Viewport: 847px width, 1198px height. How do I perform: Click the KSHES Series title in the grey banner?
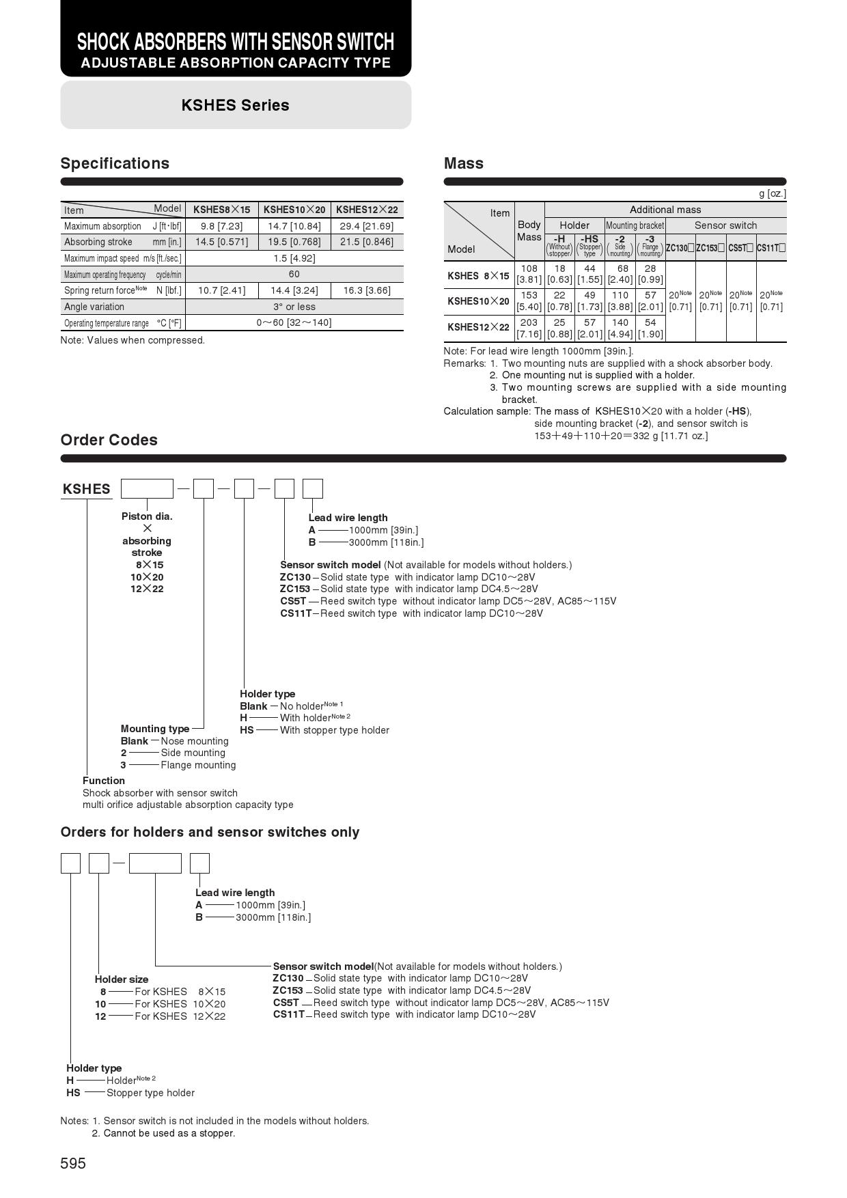click(x=235, y=105)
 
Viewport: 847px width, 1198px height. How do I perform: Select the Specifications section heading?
click(x=115, y=163)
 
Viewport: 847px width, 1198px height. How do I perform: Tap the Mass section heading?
click(x=463, y=163)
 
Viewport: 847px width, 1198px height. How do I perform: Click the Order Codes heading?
click(x=109, y=440)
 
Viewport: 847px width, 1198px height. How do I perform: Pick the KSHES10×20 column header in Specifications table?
click(x=294, y=210)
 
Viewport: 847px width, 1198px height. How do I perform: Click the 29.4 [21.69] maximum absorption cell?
click(x=367, y=226)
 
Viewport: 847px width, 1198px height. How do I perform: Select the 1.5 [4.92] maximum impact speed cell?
click(x=294, y=258)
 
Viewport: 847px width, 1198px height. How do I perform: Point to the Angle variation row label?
click(x=94, y=307)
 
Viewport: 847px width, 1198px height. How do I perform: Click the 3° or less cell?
click(x=294, y=307)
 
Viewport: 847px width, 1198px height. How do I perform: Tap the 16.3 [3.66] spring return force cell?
click(x=367, y=290)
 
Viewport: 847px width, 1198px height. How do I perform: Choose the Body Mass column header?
click(x=529, y=231)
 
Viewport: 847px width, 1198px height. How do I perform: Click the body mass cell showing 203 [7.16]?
click(x=529, y=328)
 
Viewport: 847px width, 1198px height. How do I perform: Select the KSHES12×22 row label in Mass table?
click(x=478, y=327)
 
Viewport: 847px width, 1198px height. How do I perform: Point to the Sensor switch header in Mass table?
click(x=725, y=225)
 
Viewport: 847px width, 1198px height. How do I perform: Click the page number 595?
click(x=73, y=1163)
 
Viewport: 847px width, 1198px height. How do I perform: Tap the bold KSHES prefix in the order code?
click(x=86, y=489)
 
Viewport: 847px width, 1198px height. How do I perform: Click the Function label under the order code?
click(x=104, y=781)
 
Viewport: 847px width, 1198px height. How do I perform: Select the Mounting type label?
click(x=155, y=729)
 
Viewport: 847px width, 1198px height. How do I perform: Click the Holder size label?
click(x=122, y=979)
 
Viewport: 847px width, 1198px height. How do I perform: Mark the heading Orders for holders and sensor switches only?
click(x=210, y=832)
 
